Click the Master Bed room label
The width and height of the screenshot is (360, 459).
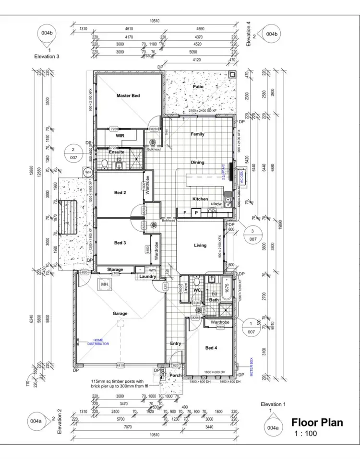[x=128, y=96]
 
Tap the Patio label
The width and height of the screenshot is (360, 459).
[x=198, y=87]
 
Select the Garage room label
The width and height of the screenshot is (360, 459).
[x=120, y=314]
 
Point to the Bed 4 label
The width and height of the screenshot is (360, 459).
[x=211, y=348]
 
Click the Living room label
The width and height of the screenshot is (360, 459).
[x=200, y=246]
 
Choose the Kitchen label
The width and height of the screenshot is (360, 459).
[x=200, y=199]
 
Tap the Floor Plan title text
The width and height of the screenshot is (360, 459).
[x=317, y=423]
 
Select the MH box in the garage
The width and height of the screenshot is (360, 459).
[x=104, y=285]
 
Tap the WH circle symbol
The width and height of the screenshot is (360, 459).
[x=88, y=172]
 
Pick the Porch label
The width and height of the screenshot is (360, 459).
[x=176, y=376]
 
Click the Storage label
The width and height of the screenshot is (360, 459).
[x=115, y=270]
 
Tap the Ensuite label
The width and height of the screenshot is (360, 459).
[x=117, y=152]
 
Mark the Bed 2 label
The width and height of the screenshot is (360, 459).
[x=120, y=193]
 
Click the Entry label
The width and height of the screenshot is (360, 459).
[x=176, y=343]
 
